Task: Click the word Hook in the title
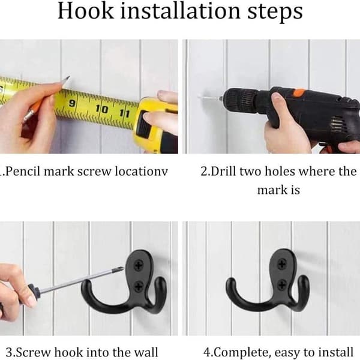(x=86, y=11)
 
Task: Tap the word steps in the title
(x=275, y=12)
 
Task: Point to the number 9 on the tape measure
(x=72, y=103)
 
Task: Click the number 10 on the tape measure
(x=102, y=109)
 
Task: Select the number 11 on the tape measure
(x=125, y=113)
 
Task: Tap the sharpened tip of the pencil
(x=68, y=77)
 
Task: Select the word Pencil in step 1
(x=23, y=172)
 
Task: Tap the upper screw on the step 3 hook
(x=139, y=265)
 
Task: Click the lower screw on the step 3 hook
(x=139, y=286)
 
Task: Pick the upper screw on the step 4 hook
(x=282, y=264)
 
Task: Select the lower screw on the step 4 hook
(x=283, y=284)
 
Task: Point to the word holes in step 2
(x=280, y=172)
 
